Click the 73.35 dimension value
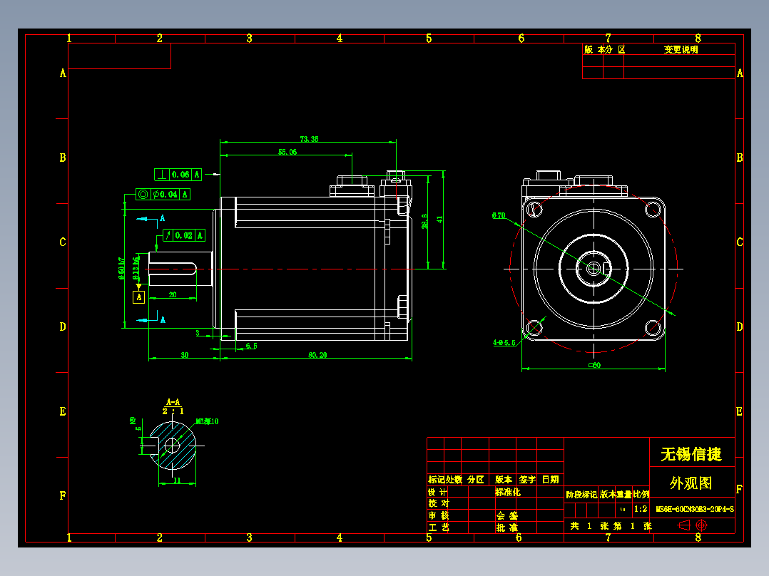tap(309, 139)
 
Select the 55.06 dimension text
tap(287, 153)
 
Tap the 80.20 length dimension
tap(317, 355)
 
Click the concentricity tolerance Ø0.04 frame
tap(163, 194)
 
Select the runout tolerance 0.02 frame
tap(183, 235)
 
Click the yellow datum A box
tap(139, 296)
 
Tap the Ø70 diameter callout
tap(498, 215)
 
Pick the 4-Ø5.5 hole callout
tap(504, 342)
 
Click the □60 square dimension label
tap(594, 365)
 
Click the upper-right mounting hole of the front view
tap(653, 210)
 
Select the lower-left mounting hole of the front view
tap(534, 327)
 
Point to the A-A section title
tap(173, 402)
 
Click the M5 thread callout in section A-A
tap(207, 421)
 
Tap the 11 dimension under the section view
tap(175, 481)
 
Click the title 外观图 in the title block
tap(691, 483)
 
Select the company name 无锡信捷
tap(691, 454)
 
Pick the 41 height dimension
tap(440, 220)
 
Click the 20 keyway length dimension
tap(173, 294)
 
